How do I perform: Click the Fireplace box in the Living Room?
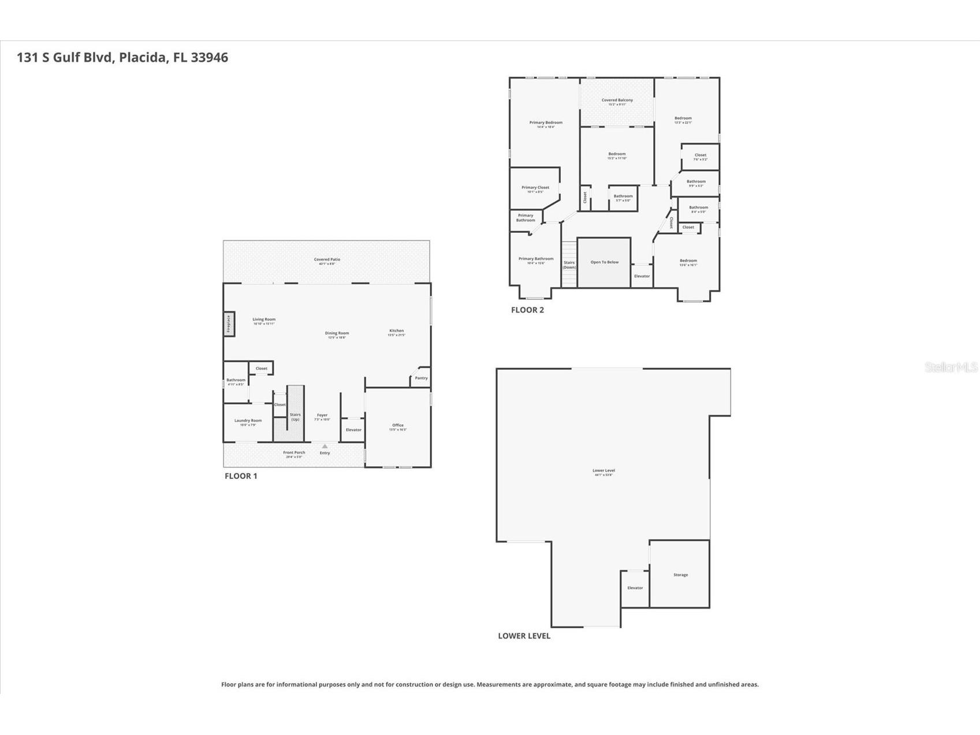click(229, 324)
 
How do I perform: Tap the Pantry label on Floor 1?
click(421, 378)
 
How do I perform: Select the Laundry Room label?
click(248, 421)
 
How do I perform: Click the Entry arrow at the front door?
click(325, 446)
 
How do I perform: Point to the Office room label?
click(398, 426)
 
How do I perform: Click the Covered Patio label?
click(327, 260)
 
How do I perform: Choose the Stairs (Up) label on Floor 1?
click(295, 416)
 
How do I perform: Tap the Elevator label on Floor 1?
click(353, 430)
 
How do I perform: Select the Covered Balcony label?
click(617, 101)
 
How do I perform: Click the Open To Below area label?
click(604, 262)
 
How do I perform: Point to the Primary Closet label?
click(535, 188)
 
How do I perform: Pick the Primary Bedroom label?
click(546, 123)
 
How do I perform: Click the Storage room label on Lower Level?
click(680, 575)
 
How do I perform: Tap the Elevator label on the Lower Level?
click(635, 588)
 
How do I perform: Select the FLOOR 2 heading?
click(527, 310)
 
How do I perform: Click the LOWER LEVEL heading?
click(524, 636)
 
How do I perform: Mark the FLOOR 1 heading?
click(241, 476)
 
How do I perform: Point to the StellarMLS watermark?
click(951, 367)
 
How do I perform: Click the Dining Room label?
click(337, 333)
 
